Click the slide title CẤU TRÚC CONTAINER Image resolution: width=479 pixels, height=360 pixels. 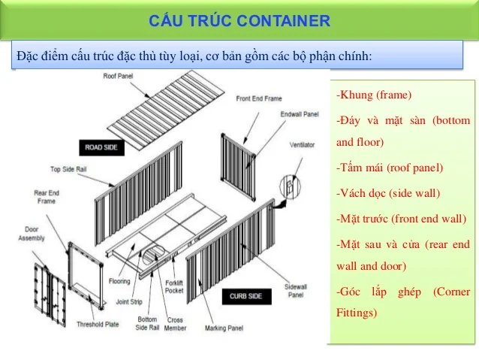click(x=239, y=20)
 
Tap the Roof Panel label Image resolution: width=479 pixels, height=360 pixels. click(x=119, y=76)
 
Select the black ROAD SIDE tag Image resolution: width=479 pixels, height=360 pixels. click(x=101, y=148)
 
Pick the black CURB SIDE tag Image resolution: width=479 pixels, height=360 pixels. click(x=246, y=297)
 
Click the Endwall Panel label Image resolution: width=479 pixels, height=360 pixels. click(x=301, y=116)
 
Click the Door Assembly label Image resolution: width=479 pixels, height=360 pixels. click(x=31, y=234)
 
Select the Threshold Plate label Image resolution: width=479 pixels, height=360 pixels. click(x=95, y=325)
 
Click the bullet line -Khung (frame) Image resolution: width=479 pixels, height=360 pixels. click(x=374, y=95)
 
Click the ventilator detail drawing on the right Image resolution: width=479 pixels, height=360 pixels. click(x=289, y=188)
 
